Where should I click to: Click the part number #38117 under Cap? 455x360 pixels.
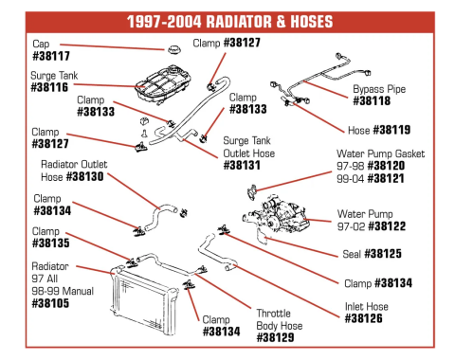click(x=51, y=56)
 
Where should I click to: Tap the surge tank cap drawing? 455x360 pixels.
click(x=173, y=49)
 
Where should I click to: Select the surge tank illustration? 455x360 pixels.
click(x=163, y=84)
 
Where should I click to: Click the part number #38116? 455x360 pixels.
click(x=49, y=87)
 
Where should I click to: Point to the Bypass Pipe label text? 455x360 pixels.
click(x=379, y=89)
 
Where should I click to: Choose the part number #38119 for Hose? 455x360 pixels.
click(x=391, y=130)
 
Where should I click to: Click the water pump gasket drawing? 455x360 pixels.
click(x=252, y=192)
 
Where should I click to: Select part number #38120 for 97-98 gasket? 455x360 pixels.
click(x=386, y=166)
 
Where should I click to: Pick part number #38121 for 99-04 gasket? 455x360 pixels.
click(x=386, y=178)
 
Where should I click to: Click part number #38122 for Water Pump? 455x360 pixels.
click(x=387, y=226)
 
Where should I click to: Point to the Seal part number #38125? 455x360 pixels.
click(x=383, y=254)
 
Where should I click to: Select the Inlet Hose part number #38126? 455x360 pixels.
click(x=363, y=318)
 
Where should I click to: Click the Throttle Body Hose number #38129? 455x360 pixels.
click(x=275, y=337)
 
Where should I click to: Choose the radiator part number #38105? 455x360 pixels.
click(x=50, y=303)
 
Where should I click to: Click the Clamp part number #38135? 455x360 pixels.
click(x=51, y=243)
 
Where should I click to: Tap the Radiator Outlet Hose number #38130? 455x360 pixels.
click(x=84, y=176)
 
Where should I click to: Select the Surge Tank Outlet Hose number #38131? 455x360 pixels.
click(x=242, y=165)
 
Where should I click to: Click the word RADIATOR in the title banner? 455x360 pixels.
click(x=239, y=22)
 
